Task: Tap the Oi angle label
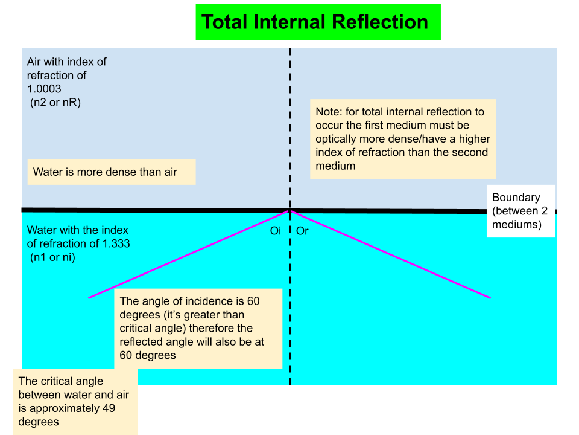click(276, 231)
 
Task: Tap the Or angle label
click(302, 231)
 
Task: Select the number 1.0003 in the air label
click(44, 89)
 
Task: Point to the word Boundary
click(516, 198)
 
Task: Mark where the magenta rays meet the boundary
click(290, 211)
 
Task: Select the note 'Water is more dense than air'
click(105, 172)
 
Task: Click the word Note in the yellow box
click(328, 112)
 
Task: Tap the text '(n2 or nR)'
click(55, 103)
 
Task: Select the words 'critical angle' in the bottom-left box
click(71, 381)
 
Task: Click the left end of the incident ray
click(89, 297)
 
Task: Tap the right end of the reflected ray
click(490, 297)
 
